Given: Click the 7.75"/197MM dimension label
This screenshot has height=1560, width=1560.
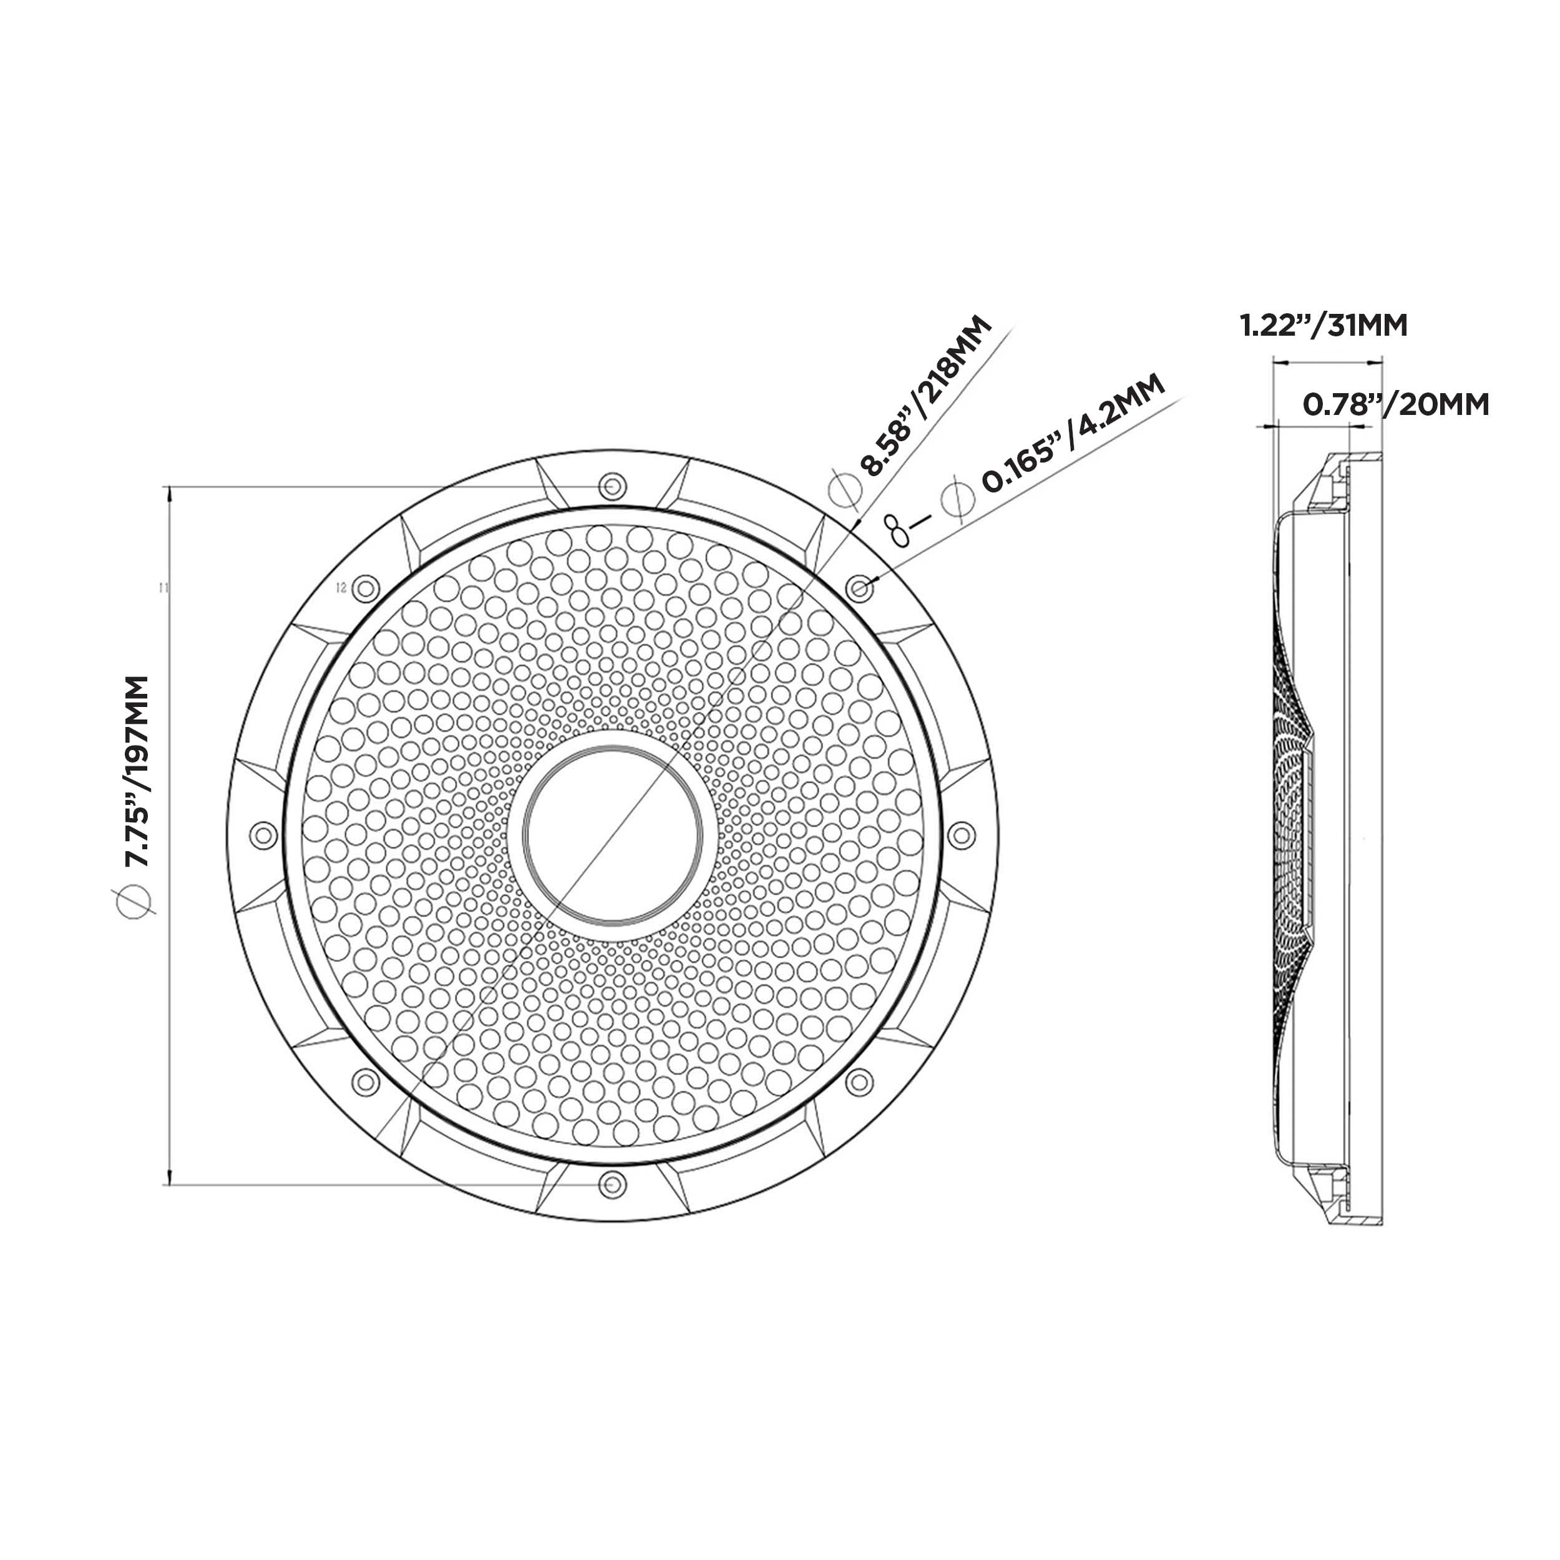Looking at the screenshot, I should point(137,771).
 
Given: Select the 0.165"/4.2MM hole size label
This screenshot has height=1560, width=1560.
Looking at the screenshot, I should point(1074,432).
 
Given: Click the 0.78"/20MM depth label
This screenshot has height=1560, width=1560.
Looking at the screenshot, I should point(1396,404).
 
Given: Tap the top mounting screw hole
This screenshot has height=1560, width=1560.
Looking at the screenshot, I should point(613,486).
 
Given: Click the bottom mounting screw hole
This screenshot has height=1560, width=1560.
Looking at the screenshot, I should point(613,1184).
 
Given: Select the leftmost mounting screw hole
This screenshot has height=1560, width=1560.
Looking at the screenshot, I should point(263,835).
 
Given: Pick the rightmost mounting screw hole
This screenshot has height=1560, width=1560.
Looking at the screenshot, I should point(961,835).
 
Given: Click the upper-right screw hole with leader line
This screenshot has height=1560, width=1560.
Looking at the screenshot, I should point(860,588).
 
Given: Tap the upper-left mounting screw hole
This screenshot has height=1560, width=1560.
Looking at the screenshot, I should point(366,588).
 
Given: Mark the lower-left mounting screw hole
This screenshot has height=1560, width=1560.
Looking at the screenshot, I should point(366,1082).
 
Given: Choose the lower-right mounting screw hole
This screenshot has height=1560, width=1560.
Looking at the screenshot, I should point(860,1082).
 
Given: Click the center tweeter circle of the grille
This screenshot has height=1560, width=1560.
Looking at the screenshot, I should point(613,835).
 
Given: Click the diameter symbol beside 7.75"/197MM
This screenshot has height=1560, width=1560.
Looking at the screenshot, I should point(135,900).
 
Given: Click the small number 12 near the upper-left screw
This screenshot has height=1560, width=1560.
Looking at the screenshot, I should point(341,587).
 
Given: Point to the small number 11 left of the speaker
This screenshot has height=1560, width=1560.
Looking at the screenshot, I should point(165,587).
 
